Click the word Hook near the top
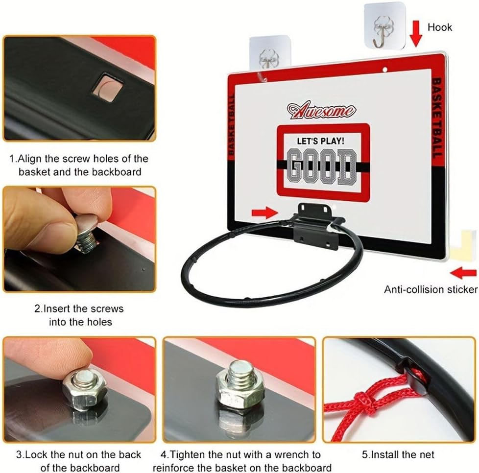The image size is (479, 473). pyautogui.click(x=439, y=27)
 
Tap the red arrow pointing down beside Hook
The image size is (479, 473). pyautogui.click(x=415, y=33)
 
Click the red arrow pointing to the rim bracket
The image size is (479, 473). pyautogui.click(x=264, y=213)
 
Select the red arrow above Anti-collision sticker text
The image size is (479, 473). pyautogui.click(x=463, y=273)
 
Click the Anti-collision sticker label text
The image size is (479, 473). pyautogui.click(x=431, y=289)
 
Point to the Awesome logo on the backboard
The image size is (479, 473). pyautogui.click(x=321, y=111)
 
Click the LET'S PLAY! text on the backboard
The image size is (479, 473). pyautogui.click(x=320, y=141)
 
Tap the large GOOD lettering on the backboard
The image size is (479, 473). pyautogui.click(x=322, y=166)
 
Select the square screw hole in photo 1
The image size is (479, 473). pyautogui.click(x=107, y=88)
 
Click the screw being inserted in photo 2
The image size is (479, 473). pyautogui.click(x=87, y=235)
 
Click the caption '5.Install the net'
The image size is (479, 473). pyautogui.click(x=398, y=455)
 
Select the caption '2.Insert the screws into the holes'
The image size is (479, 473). pyautogui.click(x=79, y=315)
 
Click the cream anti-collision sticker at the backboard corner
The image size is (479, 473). pyautogui.click(x=463, y=245)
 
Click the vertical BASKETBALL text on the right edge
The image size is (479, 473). pyautogui.click(x=437, y=118)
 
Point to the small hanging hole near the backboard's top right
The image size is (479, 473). pyautogui.click(x=385, y=70)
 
